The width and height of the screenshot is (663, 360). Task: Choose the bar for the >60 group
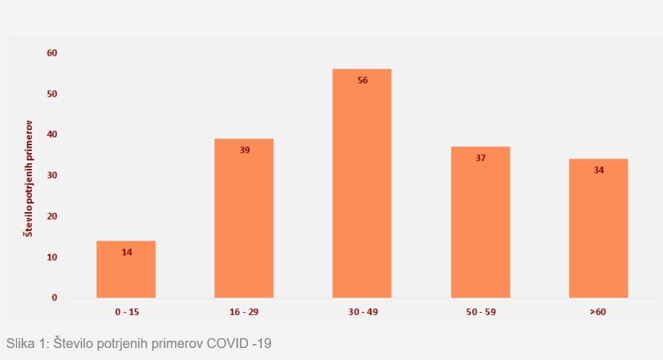pos(598,232)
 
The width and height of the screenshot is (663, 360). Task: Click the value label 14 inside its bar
pos(127,252)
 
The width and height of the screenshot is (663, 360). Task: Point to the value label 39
pos(245,150)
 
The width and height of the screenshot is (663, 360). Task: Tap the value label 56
pos(363,80)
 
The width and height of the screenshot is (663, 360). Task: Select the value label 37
pos(481,158)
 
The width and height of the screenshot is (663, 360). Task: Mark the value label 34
pos(599,170)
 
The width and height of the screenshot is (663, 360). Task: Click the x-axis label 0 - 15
pos(126,312)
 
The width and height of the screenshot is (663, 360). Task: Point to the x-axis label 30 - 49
pos(362,312)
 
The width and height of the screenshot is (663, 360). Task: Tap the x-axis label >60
pos(598,312)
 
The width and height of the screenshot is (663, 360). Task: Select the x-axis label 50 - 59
pos(480,312)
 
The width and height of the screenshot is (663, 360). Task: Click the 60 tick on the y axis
pos(52,53)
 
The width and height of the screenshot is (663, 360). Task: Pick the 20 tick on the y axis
pos(52,216)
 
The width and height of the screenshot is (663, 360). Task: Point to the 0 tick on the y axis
pos(54,298)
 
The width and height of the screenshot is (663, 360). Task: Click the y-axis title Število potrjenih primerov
pos(29,179)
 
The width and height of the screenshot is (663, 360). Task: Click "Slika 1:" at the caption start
pos(27,343)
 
